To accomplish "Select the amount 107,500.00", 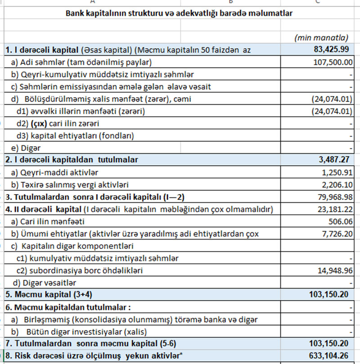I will [x=332, y=62].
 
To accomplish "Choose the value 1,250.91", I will [x=335, y=172].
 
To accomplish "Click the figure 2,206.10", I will [x=335, y=184].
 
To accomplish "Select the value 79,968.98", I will [x=333, y=197].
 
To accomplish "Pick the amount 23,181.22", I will [x=333, y=209].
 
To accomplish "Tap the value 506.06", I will [x=339, y=221].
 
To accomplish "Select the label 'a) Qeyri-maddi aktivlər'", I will [x=54, y=172].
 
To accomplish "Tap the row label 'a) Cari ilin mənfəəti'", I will [x=48, y=221].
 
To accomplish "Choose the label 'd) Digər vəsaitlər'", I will [x=45, y=283].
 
